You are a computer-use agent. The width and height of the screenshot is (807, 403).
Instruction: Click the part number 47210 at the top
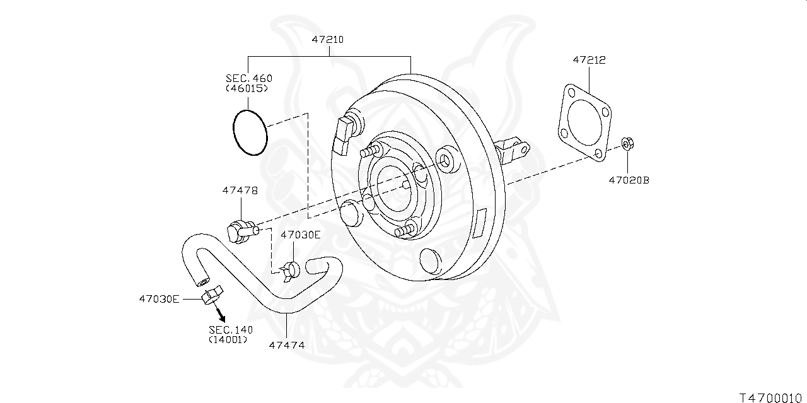click(x=327, y=39)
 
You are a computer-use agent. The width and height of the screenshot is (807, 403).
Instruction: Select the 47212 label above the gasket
click(x=589, y=61)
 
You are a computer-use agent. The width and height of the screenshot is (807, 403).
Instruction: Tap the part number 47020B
click(x=629, y=180)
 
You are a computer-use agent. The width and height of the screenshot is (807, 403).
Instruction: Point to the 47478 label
click(x=239, y=190)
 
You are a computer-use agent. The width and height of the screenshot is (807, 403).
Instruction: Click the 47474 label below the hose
click(x=287, y=345)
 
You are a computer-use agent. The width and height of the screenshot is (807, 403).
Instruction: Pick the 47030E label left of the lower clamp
click(x=159, y=298)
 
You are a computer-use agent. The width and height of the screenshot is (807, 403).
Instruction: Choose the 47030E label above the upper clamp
click(x=300, y=235)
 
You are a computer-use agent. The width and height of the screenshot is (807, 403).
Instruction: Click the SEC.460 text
click(x=248, y=78)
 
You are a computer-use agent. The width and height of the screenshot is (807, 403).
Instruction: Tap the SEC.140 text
click(x=230, y=329)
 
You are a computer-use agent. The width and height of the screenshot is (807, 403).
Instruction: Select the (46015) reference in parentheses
click(x=247, y=89)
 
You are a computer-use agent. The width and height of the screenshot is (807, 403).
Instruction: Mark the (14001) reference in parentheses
click(x=228, y=340)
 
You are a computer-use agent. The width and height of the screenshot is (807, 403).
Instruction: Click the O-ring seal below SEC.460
click(x=250, y=132)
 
